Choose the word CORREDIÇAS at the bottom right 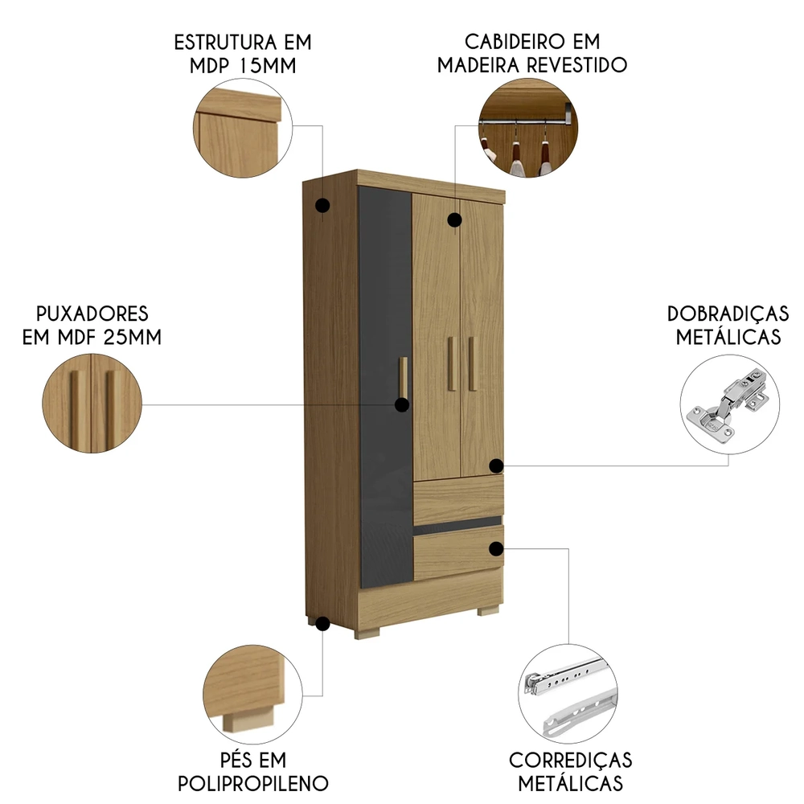[570, 760]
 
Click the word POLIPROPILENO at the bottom [253, 783]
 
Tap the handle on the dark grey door [404, 376]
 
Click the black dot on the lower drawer [497, 548]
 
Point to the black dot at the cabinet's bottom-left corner [323, 623]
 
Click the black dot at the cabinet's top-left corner [322, 206]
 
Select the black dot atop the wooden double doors [454, 219]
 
